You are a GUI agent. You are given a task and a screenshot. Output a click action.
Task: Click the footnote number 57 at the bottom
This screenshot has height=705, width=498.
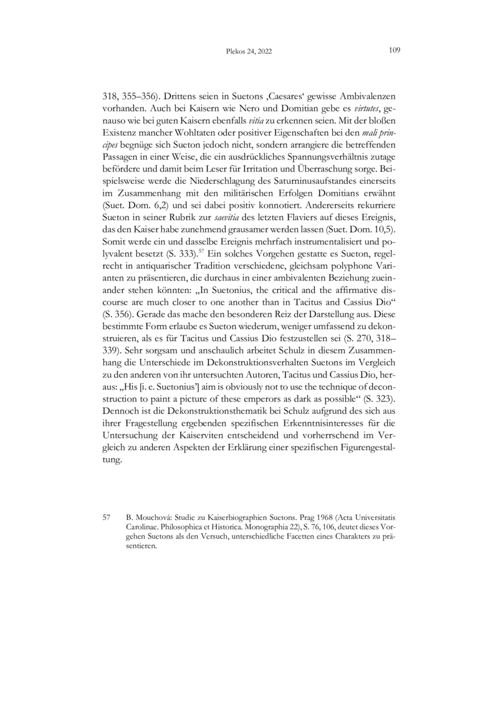[106, 517]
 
